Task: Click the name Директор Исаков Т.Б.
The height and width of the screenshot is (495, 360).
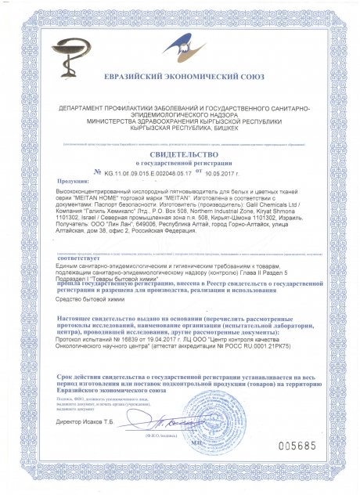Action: [88, 422]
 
